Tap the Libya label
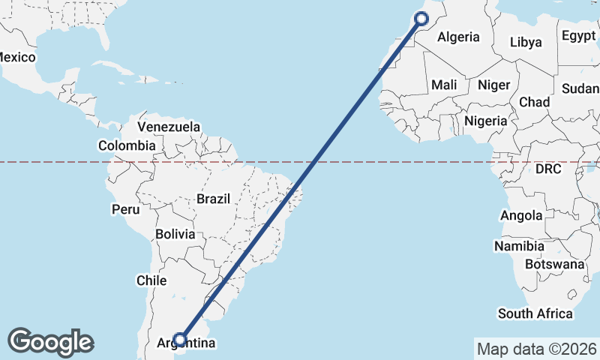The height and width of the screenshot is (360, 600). pos(525,42)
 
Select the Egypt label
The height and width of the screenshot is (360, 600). pos(578,36)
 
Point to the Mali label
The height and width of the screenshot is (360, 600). pos(444,85)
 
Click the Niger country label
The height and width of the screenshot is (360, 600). pos(493,85)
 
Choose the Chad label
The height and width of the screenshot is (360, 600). pos(534,101)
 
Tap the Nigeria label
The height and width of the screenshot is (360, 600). pos(486,121)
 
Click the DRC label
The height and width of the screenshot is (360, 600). pos(548,169)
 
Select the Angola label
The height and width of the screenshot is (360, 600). pos(521,216)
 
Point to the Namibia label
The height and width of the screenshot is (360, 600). pos(519,246)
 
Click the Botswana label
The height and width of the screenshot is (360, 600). pos(554,264)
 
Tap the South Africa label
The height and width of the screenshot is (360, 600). pos(535,313)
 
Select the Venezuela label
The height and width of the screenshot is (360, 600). pos(169,127)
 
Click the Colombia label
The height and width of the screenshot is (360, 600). pos(127,145)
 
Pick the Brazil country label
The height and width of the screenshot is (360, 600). pos(213,199)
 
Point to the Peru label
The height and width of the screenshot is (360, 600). pos(126,209)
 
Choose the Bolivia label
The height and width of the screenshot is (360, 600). pos(175,234)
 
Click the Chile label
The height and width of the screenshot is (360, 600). pos(151,280)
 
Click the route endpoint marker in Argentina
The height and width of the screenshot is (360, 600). pos(179,339)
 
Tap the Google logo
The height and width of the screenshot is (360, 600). pos(50,341)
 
